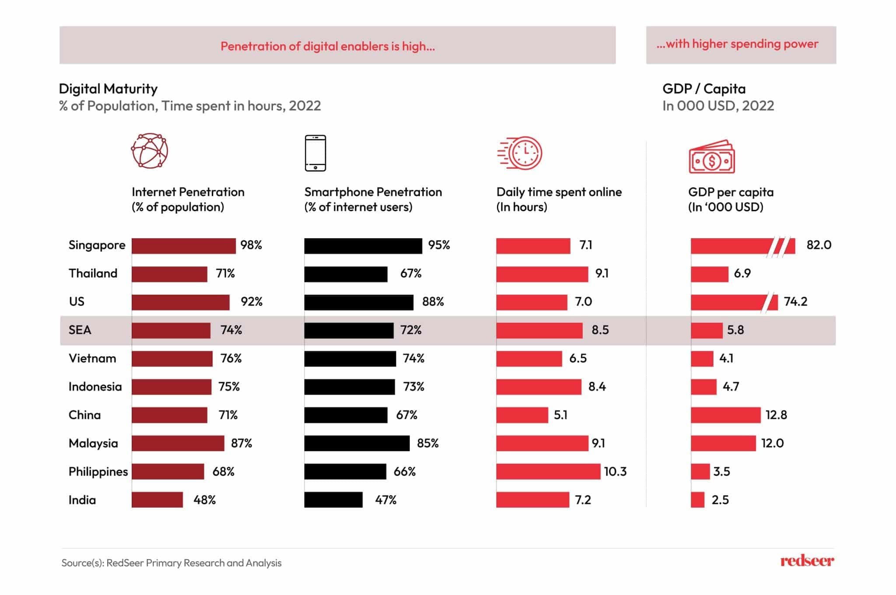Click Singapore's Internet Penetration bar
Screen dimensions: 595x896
[183, 246]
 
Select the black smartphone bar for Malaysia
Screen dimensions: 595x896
[357, 443]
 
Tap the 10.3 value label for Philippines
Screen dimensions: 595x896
[615, 471]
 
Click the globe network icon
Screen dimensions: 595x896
[150, 151]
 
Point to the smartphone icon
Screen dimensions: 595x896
[315, 153]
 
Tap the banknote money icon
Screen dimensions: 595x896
[712, 157]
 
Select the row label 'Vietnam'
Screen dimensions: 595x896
[92, 358]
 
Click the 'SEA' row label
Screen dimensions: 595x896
[80, 330]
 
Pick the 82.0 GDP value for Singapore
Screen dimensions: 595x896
[819, 245]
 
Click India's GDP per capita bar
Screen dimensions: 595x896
[697, 500]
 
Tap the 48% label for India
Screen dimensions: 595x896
[204, 500]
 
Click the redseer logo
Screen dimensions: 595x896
[807, 561]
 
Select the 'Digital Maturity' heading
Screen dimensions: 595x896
[108, 89]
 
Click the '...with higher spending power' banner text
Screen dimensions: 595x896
[737, 44]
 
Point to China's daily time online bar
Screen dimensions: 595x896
[522, 415]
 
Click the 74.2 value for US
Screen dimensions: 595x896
[795, 302]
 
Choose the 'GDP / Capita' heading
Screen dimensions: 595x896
[703, 89]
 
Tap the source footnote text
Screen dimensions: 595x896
[171, 563]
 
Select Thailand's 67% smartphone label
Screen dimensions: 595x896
[410, 274]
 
